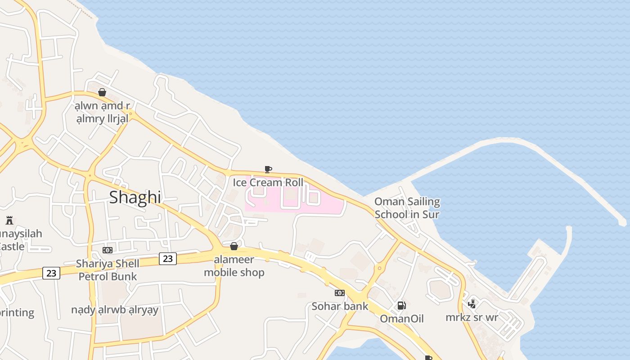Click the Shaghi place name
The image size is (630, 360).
[x=135, y=197]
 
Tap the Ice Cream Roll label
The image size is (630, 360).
[x=268, y=182]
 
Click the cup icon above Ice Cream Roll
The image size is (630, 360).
[x=268, y=169]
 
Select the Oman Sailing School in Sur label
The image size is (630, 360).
[x=407, y=207]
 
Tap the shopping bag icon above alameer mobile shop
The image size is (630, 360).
[x=234, y=246]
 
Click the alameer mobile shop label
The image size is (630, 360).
[x=234, y=266]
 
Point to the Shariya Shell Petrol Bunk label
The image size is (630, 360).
[x=108, y=270]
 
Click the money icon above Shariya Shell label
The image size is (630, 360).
[x=108, y=250]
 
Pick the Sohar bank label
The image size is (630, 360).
[x=340, y=306]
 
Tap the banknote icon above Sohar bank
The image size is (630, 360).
[x=340, y=293]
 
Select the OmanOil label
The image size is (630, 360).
[x=402, y=319]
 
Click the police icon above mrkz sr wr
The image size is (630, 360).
[x=472, y=304]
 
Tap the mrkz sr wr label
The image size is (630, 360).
[x=472, y=317]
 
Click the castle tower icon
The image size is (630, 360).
[x=9, y=220]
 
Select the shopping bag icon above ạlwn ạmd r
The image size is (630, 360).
[x=102, y=92]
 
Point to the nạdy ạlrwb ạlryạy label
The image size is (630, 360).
[x=115, y=310]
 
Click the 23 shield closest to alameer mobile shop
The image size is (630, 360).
[x=167, y=258]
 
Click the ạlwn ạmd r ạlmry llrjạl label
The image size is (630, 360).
[x=103, y=112]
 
